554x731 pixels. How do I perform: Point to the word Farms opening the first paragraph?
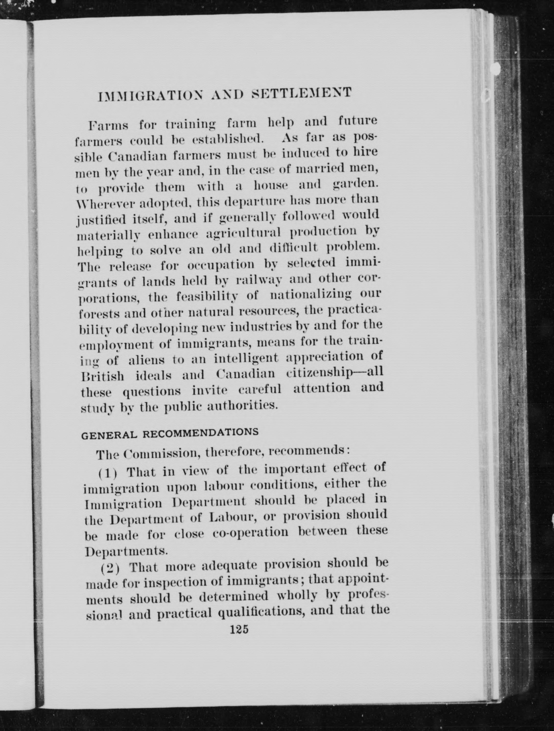[108, 126]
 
